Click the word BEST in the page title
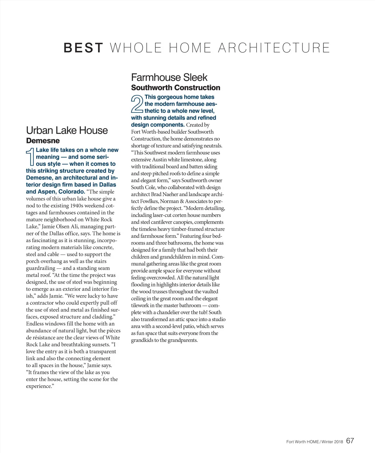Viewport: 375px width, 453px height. point(83,48)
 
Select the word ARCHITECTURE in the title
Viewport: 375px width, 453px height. point(274,48)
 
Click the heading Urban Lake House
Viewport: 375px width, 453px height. point(67,130)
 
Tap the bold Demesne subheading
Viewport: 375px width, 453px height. point(43,141)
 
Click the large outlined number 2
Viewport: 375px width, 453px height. point(137,104)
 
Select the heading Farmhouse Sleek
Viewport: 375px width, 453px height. point(169,77)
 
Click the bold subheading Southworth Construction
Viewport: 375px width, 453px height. point(176,87)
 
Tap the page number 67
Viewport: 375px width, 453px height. point(350,441)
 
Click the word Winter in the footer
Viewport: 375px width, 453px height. point(327,442)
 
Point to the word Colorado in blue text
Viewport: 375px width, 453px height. point(72,192)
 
